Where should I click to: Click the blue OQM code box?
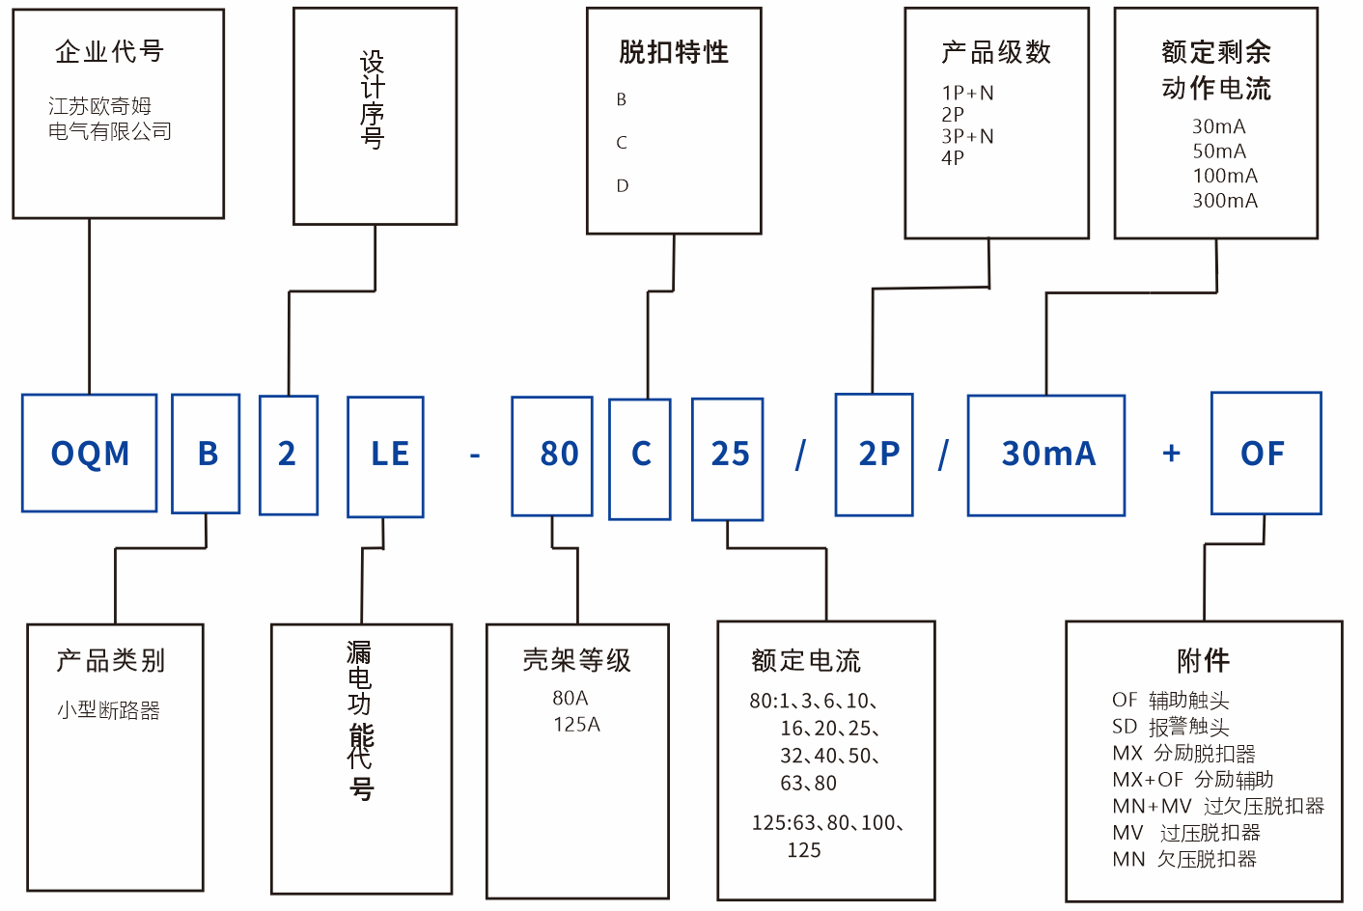(x=90, y=453)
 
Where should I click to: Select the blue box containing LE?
(x=386, y=455)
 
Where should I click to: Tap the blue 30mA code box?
(x=1046, y=455)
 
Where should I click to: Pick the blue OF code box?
(x=1266, y=453)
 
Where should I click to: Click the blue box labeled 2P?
(x=875, y=454)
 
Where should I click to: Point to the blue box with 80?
(x=552, y=455)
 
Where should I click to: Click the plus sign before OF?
(x=1172, y=453)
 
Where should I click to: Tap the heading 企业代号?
(x=110, y=51)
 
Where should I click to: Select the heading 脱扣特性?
(x=674, y=52)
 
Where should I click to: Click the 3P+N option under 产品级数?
(x=967, y=136)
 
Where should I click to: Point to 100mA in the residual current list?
(x=1225, y=176)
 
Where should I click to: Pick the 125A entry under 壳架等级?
(x=576, y=724)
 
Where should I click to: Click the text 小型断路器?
(x=108, y=710)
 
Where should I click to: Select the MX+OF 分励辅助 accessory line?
(x=1193, y=779)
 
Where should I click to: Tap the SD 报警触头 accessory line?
(x=1171, y=727)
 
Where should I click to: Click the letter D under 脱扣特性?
(x=623, y=185)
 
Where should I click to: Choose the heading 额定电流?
(x=806, y=661)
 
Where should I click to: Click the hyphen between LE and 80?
(x=475, y=454)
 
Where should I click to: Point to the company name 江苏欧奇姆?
(x=100, y=106)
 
